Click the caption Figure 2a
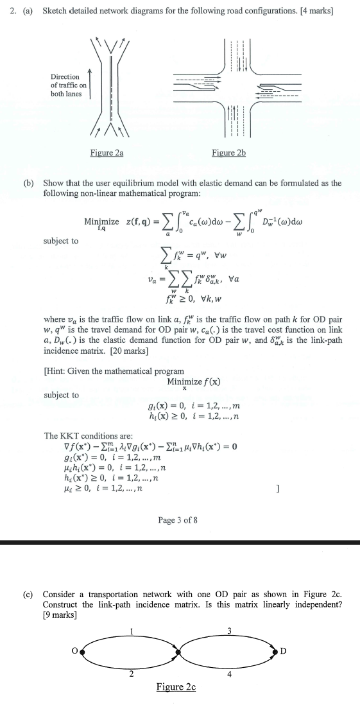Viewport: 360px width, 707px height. pos(108,153)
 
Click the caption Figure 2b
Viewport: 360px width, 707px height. pos(228,153)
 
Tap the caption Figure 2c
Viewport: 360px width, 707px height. pos(176,687)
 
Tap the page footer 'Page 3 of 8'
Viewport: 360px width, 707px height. pos(178,519)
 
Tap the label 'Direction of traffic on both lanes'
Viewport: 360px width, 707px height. pos(68,85)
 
